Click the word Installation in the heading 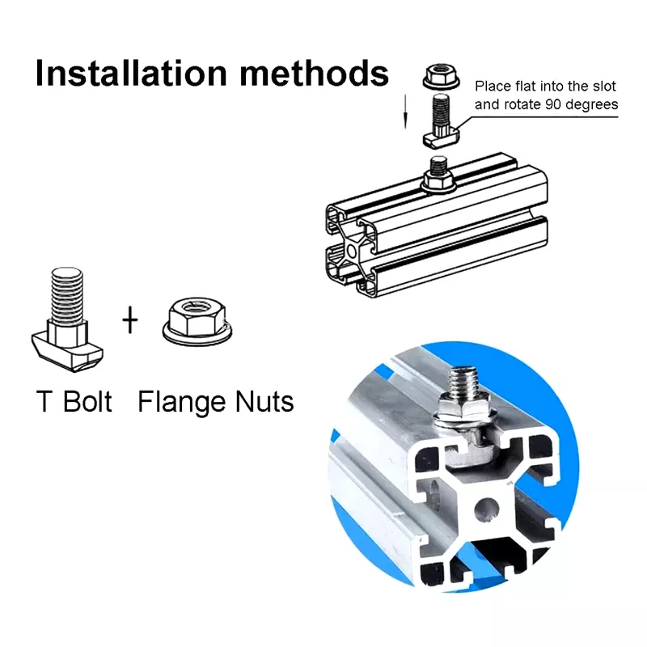131,73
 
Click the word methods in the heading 314,73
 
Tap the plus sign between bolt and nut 130,319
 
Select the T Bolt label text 74,401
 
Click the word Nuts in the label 264,401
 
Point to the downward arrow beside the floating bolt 405,111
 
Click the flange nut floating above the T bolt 441,76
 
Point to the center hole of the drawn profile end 351,251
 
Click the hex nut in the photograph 463,408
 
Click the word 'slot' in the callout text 604,87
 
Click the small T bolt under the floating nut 441,120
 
